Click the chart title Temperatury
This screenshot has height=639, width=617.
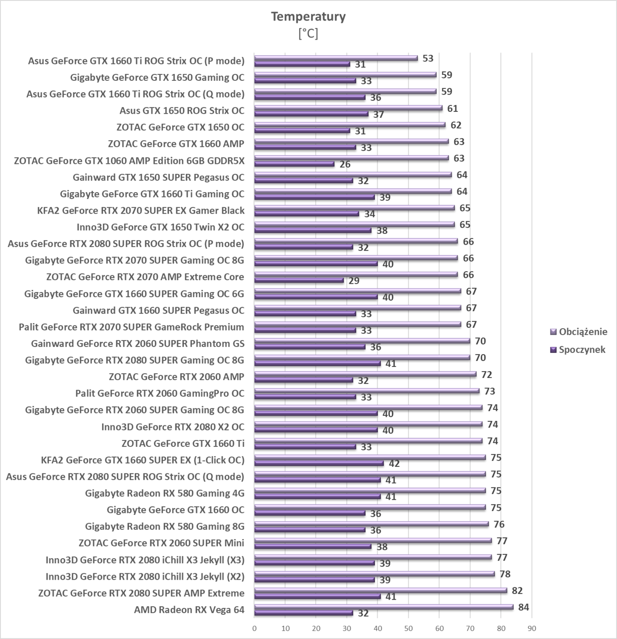coord(308,16)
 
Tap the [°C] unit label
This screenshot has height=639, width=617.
coord(308,34)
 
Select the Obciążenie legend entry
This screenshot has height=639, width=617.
coord(583,332)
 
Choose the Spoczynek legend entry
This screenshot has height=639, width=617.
coord(582,350)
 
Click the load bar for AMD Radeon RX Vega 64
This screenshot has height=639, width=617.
coord(384,607)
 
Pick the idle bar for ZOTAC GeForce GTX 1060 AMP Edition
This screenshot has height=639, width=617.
coord(294,164)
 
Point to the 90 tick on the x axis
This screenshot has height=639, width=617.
coord(532,628)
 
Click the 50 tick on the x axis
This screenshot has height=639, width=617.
coord(408,628)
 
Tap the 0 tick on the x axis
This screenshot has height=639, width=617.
coord(254,628)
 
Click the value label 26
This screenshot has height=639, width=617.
coord(345,164)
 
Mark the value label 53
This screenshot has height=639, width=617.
coord(428,58)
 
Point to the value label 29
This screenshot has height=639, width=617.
coord(354,281)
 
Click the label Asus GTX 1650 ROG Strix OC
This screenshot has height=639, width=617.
coord(182,110)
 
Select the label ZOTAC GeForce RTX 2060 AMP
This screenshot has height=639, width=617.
coord(176,377)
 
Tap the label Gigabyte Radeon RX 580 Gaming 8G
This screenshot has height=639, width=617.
coord(164,526)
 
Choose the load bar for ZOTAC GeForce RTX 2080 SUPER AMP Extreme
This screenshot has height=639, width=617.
coord(380,590)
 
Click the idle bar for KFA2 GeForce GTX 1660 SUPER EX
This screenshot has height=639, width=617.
coord(319,463)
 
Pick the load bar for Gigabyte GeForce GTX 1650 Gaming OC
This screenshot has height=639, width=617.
coord(345,75)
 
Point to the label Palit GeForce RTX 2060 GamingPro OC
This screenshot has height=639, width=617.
coord(160,393)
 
